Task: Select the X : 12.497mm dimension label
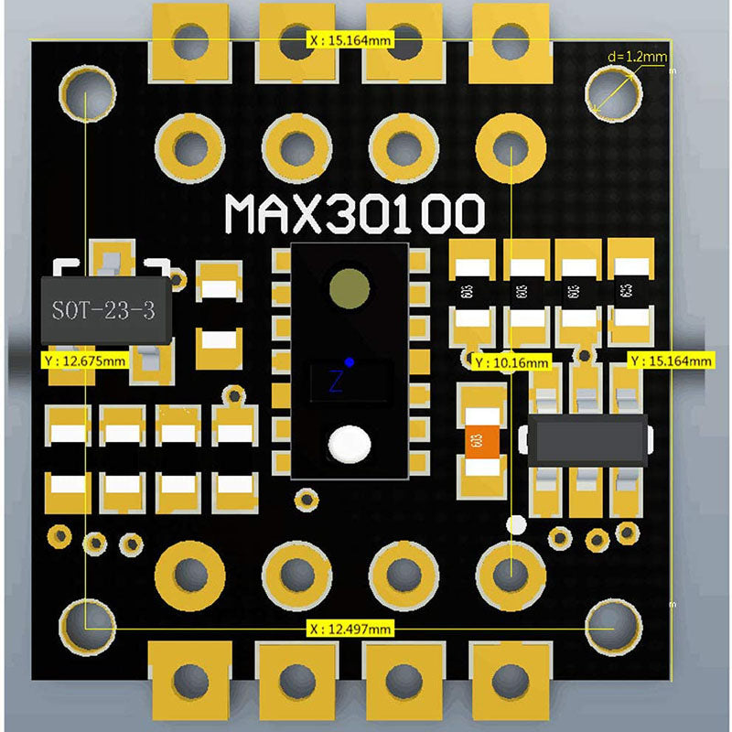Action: (x=351, y=628)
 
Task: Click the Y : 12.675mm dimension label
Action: (x=84, y=361)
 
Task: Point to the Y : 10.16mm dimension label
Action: (x=511, y=362)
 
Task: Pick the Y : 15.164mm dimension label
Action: (x=670, y=361)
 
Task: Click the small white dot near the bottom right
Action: (x=516, y=524)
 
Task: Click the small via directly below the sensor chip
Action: (x=307, y=498)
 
